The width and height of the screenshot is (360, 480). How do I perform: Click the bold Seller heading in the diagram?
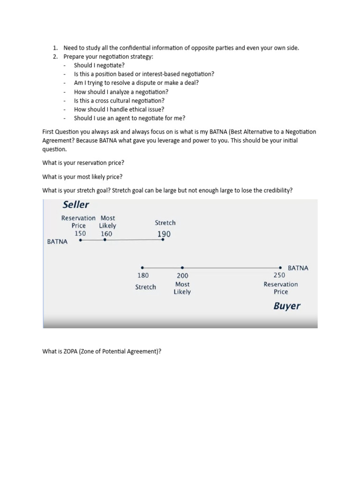click(76, 205)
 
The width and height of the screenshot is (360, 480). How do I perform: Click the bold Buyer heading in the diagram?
click(287, 306)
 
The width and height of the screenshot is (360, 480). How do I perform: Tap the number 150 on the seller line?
click(80, 233)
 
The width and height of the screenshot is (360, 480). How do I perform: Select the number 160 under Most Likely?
click(106, 233)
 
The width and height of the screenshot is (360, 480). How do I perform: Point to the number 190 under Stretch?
click(164, 234)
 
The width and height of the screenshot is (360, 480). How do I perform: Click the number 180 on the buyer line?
click(143, 276)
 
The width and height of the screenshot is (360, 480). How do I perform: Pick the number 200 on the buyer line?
click(182, 276)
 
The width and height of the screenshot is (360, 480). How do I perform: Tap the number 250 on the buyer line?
click(279, 276)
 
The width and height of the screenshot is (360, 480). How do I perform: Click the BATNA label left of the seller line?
click(57, 242)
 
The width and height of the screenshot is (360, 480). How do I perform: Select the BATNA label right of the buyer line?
click(298, 268)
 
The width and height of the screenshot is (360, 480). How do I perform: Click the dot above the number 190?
click(163, 240)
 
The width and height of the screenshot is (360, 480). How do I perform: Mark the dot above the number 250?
click(280, 268)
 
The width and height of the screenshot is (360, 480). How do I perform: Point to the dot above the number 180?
click(142, 268)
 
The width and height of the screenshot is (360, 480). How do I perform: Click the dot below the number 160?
click(105, 240)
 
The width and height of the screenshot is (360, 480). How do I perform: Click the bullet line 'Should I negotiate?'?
click(99, 65)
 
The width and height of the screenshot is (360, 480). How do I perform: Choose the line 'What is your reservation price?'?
click(83, 163)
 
